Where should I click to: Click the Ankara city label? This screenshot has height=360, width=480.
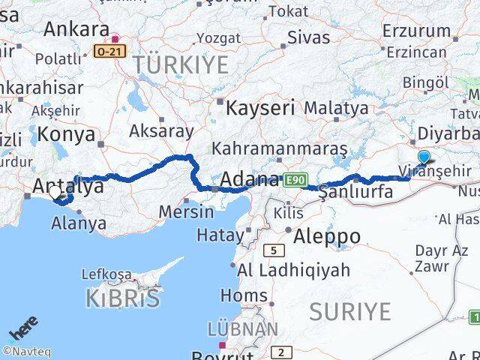click(76, 29)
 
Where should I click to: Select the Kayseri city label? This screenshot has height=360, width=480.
click(260, 107)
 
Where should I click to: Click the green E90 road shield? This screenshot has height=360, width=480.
click(294, 180)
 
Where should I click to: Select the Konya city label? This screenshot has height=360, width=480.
click(69, 134)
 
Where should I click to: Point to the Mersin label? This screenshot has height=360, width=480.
click(186, 211)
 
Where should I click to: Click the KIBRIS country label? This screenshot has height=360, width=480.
click(122, 298)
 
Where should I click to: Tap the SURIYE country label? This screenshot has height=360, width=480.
click(349, 310)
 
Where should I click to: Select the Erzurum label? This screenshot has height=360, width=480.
click(415, 31)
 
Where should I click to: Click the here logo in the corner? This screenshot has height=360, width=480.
click(22, 330)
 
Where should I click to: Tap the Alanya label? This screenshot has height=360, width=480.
click(79, 223)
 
